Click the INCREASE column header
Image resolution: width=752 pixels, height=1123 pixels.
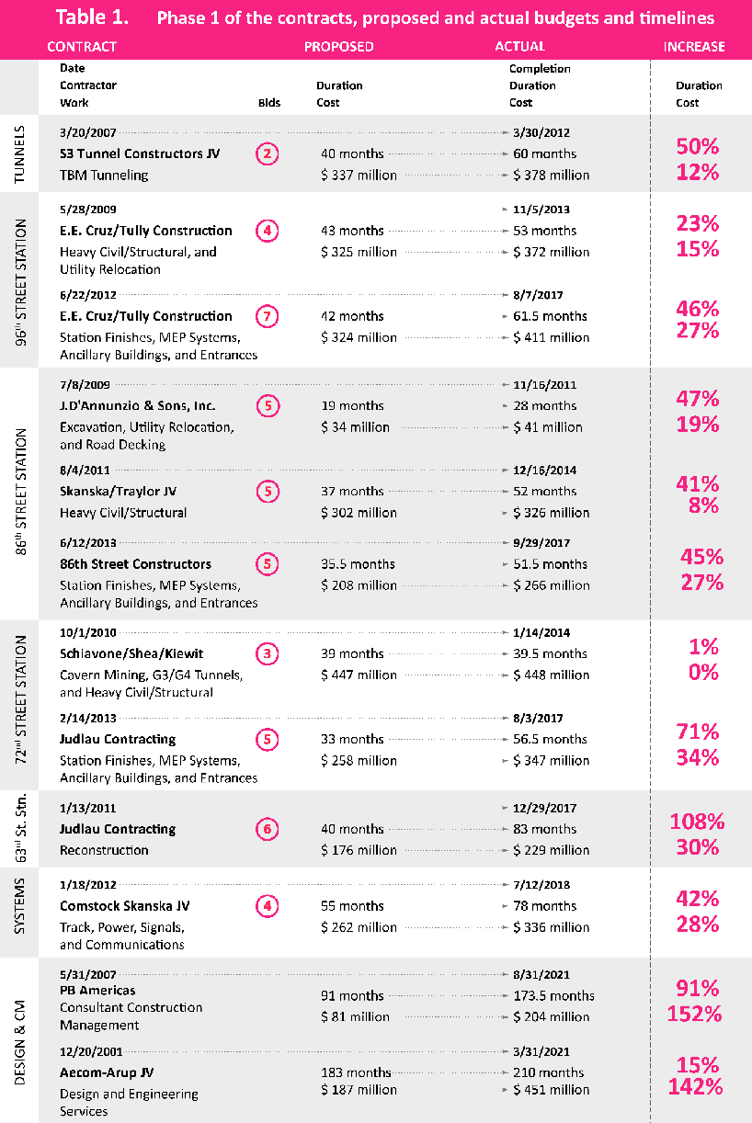point(694,46)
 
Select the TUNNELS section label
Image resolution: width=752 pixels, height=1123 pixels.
point(20,153)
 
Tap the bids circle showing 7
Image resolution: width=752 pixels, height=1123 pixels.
point(267,316)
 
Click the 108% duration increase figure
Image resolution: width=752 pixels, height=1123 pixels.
point(696,822)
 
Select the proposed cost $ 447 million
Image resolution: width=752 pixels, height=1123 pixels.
point(359,675)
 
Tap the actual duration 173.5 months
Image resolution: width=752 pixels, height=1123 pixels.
point(553,995)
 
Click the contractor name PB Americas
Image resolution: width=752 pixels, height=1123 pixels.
point(97,990)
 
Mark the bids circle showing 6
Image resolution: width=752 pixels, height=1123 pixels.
point(267,829)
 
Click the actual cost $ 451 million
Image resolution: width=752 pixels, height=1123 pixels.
point(552,1090)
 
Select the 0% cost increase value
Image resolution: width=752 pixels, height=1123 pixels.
point(703,672)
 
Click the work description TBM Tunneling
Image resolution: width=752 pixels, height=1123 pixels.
point(104,175)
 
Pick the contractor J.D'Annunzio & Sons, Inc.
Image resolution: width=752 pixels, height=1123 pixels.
point(137,405)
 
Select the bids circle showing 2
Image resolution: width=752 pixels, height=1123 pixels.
point(267,153)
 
